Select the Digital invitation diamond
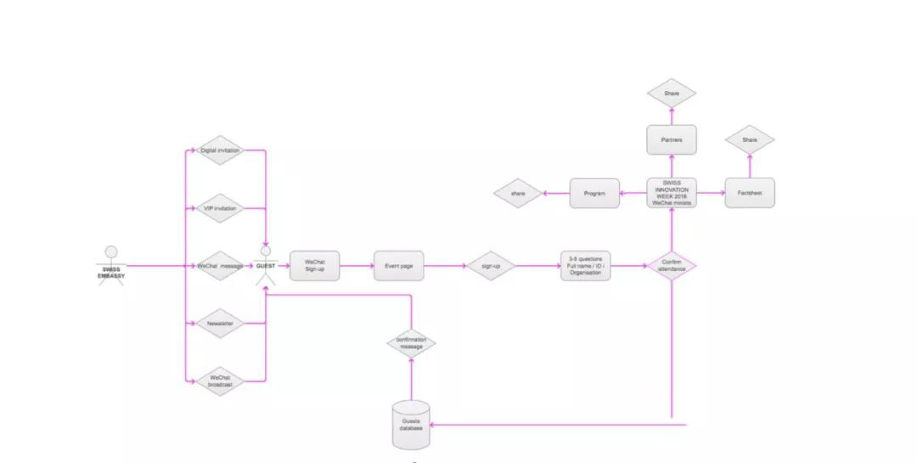220,150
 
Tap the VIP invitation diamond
220,208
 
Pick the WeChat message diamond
220,266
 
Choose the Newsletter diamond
220,324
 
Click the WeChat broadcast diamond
220,381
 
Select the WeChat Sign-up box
314,266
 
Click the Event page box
398,266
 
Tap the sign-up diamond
491,266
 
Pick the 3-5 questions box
585,266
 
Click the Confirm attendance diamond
672,266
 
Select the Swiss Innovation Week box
672,193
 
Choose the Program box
594,193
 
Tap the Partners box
672,139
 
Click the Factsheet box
750,193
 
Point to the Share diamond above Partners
672,93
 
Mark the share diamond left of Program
518,194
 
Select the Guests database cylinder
412,424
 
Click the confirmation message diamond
412,343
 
